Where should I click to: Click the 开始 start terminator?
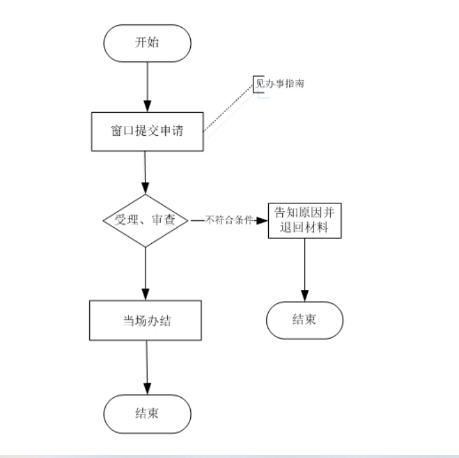click(x=147, y=44)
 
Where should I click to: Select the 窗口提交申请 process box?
click(x=147, y=131)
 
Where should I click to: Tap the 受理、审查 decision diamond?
click(x=145, y=221)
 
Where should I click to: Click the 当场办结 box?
click(x=146, y=320)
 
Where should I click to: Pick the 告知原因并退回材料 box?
click(x=305, y=220)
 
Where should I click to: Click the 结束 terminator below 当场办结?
click(x=147, y=413)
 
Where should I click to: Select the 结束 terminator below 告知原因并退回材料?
click(x=304, y=320)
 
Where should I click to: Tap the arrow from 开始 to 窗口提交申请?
click(x=147, y=86)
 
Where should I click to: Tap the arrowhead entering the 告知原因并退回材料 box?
click(x=264, y=221)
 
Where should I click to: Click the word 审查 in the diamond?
click(x=167, y=221)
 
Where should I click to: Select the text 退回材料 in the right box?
click(x=305, y=228)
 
